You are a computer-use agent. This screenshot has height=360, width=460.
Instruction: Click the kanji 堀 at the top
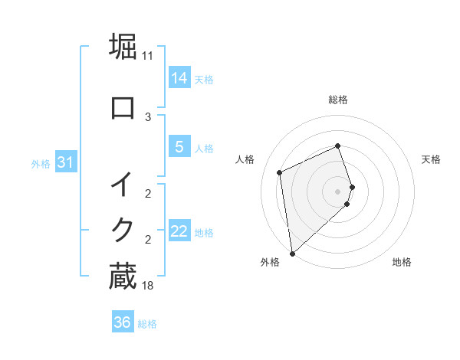pyautogui.click(x=123, y=45)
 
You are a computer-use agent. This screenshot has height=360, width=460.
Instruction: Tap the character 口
pyautogui.click(x=123, y=107)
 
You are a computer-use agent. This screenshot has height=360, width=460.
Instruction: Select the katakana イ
pyautogui.click(x=123, y=185)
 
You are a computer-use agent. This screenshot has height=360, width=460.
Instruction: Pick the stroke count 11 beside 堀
pyautogui.click(x=148, y=56)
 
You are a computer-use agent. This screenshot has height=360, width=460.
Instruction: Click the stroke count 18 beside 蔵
pyautogui.click(x=148, y=286)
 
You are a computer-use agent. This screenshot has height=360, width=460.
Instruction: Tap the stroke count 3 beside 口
pyautogui.click(x=148, y=117)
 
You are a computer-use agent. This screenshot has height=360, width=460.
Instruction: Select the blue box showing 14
pyautogui.click(x=179, y=77)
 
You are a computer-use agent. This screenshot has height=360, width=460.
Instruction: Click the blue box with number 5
pyautogui.click(x=179, y=147)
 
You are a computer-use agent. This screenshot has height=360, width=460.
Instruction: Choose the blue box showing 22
pyautogui.click(x=179, y=231)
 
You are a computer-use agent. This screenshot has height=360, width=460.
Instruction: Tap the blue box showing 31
pyautogui.click(x=65, y=162)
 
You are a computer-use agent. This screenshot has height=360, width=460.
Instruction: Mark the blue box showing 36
pyautogui.click(x=122, y=322)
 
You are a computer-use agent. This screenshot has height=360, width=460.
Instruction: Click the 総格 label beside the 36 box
pyautogui.click(x=147, y=324)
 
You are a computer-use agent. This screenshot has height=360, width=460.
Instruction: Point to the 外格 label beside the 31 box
pyautogui.click(x=41, y=163)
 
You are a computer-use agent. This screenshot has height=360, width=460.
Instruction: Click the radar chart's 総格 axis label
pyautogui.click(x=338, y=100)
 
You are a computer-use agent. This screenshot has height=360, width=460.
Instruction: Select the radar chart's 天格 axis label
pyautogui.click(x=432, y=159)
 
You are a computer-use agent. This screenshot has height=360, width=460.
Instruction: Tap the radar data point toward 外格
pyautogui.click(x=291, y=253)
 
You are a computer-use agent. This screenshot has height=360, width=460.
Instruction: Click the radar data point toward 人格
pyautogui.click(x=280, y=172)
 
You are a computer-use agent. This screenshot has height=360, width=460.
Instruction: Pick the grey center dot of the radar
pyautogui.click(x=338, y=191)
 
